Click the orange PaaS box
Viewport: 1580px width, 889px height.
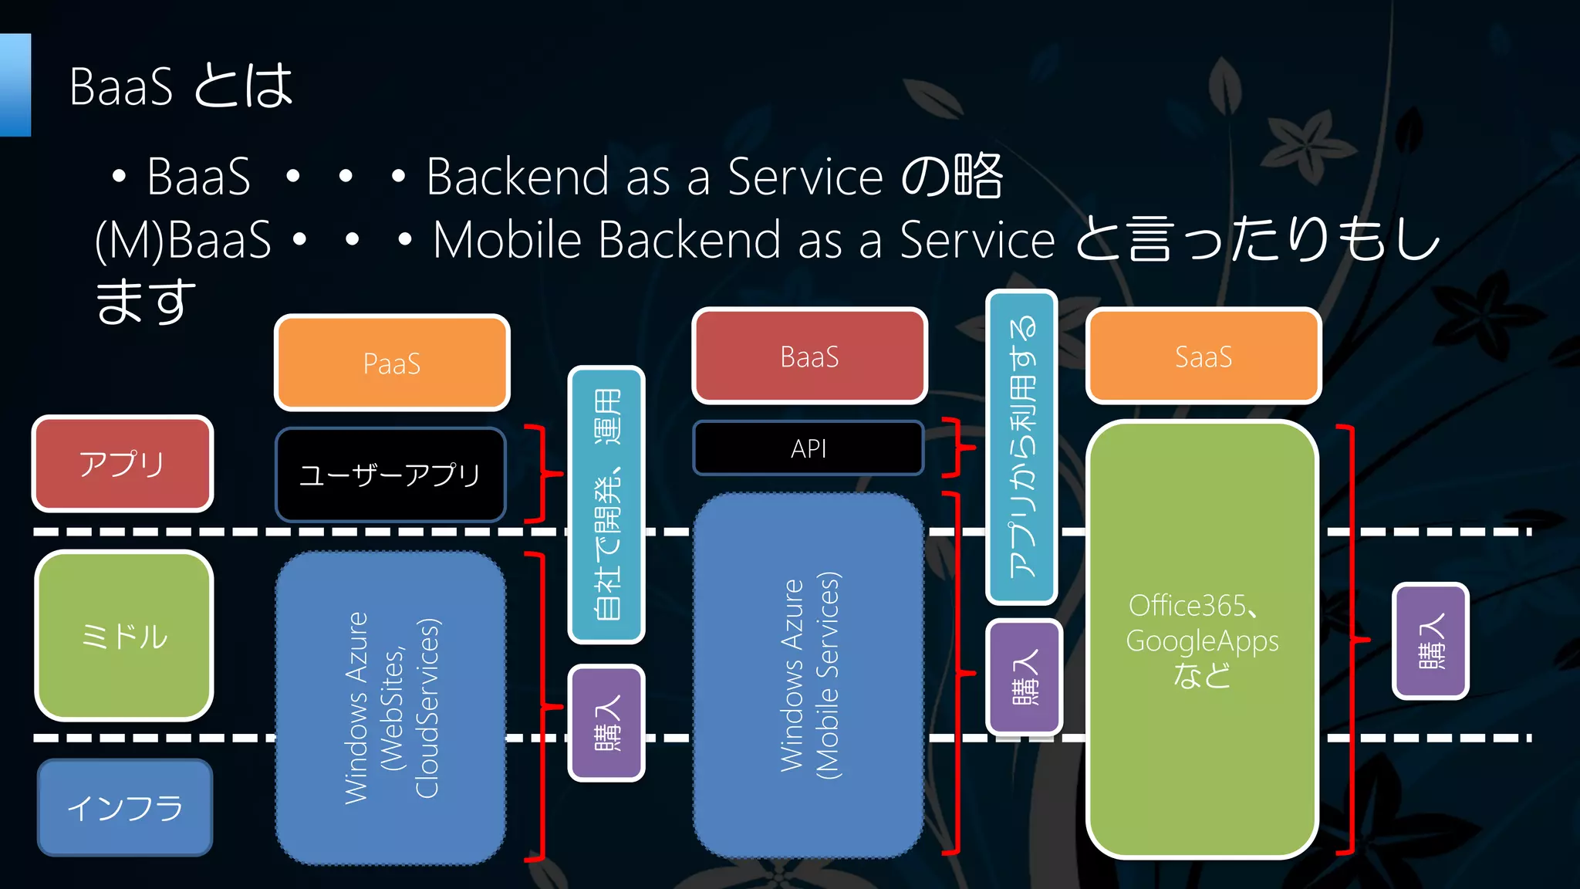392,363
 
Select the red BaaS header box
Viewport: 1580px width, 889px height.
809,357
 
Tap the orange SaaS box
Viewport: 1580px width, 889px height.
1203,357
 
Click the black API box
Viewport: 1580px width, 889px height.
808,448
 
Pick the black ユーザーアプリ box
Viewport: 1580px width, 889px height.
390,475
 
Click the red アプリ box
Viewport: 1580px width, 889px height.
122,464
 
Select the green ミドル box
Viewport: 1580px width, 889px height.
123,636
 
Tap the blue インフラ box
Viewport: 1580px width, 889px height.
124,807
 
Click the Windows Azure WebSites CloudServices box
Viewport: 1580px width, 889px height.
390,708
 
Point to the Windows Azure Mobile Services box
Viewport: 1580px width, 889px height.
809,675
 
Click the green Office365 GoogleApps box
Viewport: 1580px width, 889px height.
1202,640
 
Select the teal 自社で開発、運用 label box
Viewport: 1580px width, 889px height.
606,505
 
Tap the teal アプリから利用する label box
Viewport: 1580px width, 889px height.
1021,447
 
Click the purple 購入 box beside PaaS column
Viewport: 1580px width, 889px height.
606,723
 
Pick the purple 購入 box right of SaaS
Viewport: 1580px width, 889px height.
1430,641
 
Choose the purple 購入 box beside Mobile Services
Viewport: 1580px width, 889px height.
1025,677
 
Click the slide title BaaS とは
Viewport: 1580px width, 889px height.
181,86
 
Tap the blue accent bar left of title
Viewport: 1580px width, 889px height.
15,85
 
